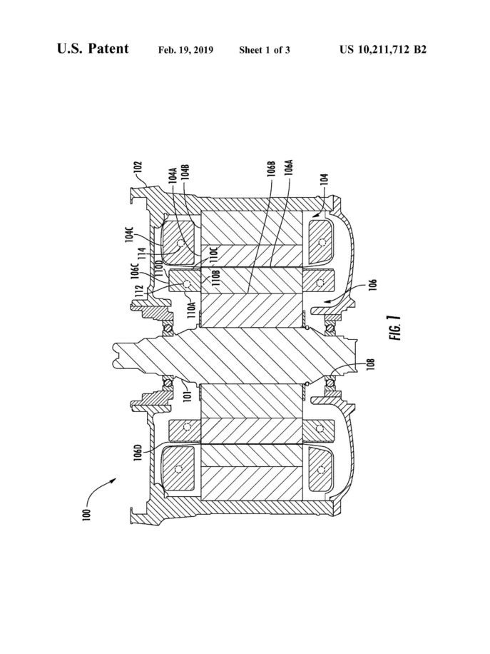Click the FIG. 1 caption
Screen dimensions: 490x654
pyautogui.click(x=397, y=328)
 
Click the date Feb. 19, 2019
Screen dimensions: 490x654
pyautogui.click(x=186, y=50)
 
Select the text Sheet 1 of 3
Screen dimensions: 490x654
pyautogui.click(x=265, y=50)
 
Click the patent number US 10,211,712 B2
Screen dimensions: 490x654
pyautogui.click(x=383, y=50)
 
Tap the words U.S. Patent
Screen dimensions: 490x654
pyautogui.click(x=93, y=49)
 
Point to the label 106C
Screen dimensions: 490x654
pyautogui.click(x=134, y=271)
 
